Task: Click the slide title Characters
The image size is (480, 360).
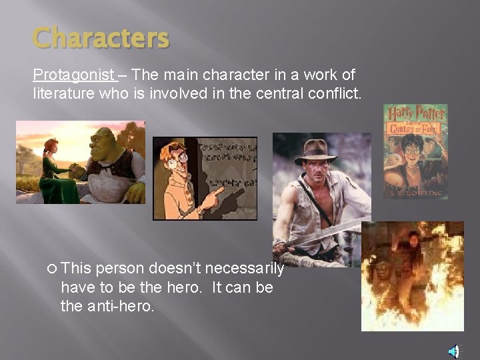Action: (x=101, y=38)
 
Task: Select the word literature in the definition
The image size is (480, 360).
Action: (x=65, y=93)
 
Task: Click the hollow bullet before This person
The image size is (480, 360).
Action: (x=52, y=269)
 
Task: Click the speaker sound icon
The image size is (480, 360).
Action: (x=453, y=351)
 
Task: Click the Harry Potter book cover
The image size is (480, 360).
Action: (x=415, y=151)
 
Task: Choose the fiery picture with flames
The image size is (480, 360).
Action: (x=412, y=276)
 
